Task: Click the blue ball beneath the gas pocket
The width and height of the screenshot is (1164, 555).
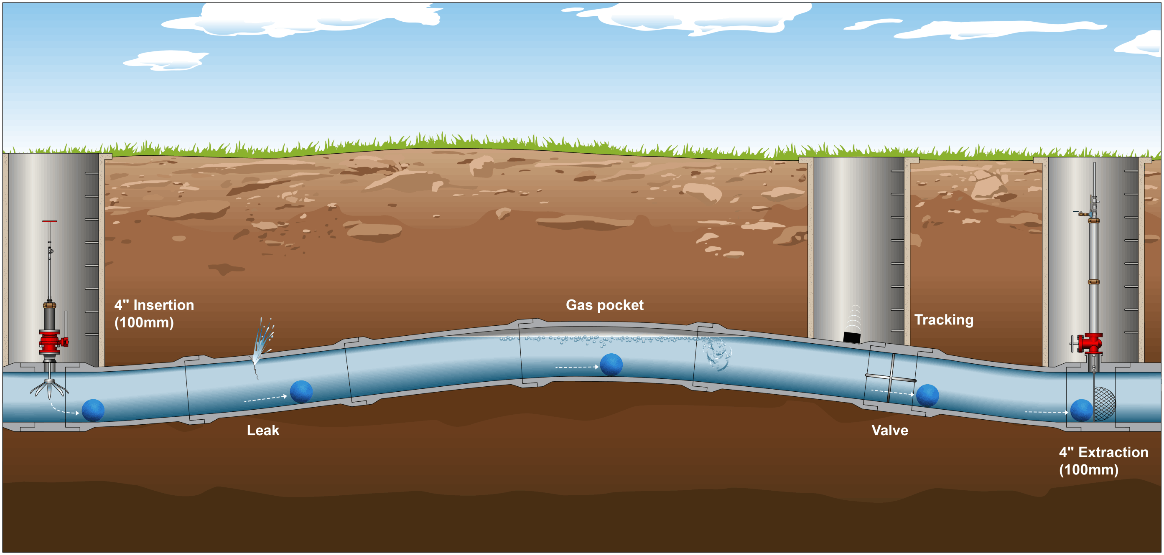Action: (x=611, y=365)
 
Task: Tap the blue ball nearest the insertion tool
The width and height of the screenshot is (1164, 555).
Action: (x=93, y=410)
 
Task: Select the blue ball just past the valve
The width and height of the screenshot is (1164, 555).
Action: (x=927, y=395)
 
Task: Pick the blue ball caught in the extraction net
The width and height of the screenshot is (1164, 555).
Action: (x=1081, y=410)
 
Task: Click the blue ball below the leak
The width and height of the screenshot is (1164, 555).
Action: (x=301, y=392)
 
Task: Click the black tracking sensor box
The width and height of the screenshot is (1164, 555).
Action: (x=851, y=337)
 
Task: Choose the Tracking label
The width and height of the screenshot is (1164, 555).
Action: (x=943, y=320)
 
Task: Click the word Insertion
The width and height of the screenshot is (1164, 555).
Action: (x=163, y=305)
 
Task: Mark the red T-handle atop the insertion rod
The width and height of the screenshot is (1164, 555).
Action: (x=50, y=221)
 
